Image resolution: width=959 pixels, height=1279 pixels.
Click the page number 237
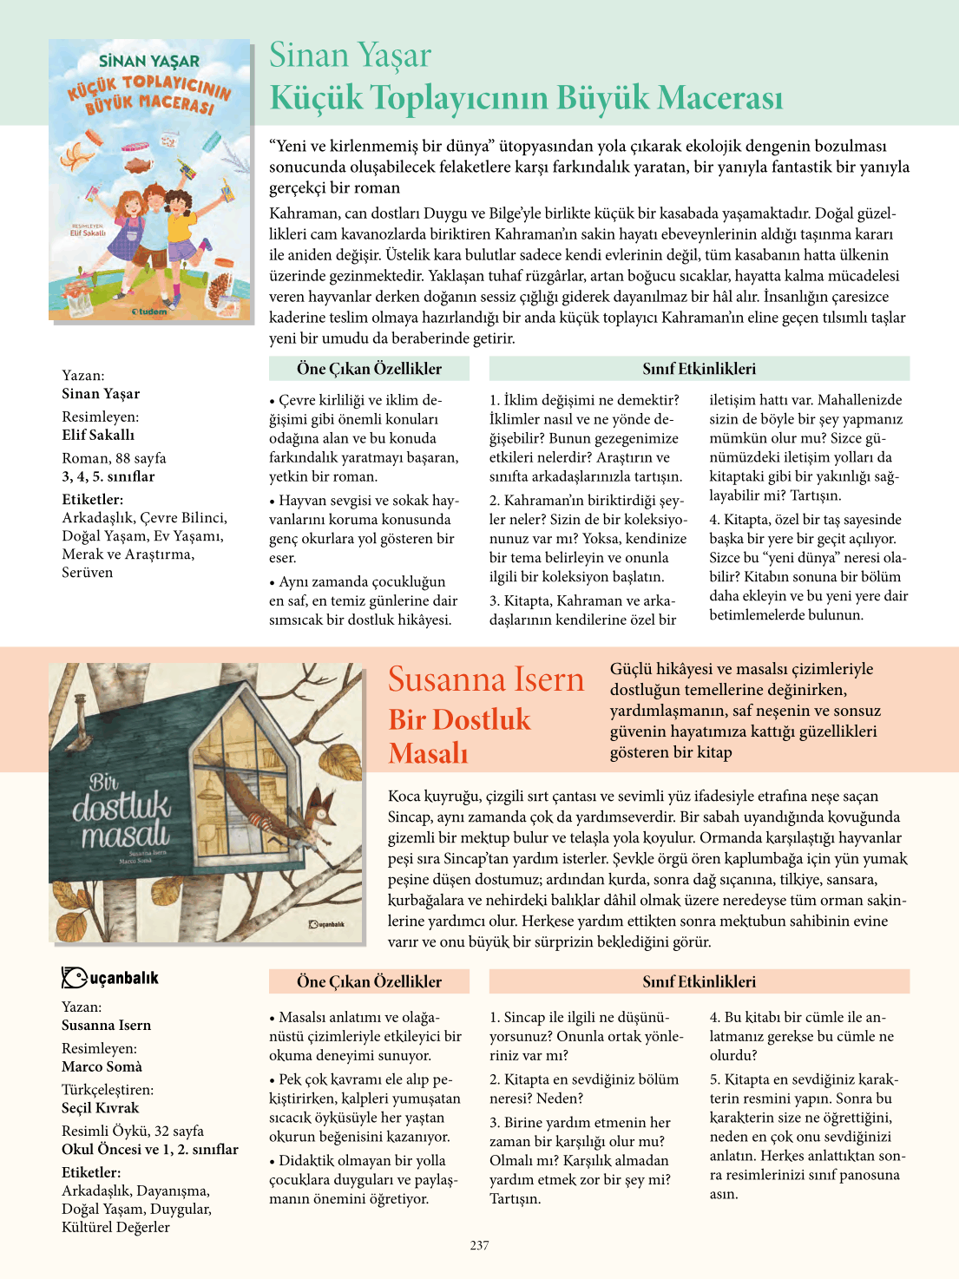[479, 1245]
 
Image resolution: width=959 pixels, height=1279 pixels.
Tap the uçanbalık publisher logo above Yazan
[110, 978]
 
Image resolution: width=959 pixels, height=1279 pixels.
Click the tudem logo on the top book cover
[149, 311]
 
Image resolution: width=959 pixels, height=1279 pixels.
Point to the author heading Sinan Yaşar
[350, 56]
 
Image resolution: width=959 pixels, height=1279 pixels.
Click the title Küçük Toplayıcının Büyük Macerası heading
[526, 97]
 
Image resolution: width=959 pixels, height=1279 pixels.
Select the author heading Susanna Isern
[486, 679]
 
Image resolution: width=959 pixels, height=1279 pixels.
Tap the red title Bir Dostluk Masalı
[459, 736]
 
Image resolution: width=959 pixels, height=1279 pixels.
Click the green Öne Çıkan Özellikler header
[369, 369]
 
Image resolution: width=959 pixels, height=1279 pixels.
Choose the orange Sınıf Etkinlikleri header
[699, 981]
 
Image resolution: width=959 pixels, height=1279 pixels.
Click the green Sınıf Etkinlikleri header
[699, 369]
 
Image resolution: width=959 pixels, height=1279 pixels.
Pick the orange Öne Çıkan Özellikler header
[369, 981]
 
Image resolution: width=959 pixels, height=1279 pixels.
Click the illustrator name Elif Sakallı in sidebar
[98, 435]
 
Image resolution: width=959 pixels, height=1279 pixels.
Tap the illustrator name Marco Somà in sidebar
[102, 1066]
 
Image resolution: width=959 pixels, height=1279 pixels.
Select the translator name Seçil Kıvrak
[100, 1107]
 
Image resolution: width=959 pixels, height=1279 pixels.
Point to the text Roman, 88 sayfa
[114, 458]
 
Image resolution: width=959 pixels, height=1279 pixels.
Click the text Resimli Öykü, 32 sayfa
[133, 1131]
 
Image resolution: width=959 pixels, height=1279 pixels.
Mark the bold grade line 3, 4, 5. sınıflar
[108, 476]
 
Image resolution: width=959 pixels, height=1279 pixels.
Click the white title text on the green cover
[122, 809]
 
